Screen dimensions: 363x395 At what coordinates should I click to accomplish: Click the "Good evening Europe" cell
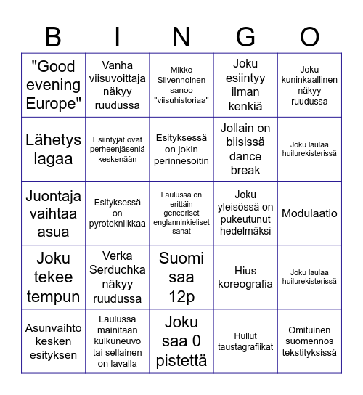(x=53, y=86)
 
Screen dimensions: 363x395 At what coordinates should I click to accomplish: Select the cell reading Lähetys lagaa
(x=53, y=149)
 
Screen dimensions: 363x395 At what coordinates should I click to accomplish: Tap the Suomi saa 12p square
(x=181, y=277)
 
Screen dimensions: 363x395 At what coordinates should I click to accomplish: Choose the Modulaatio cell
(x=309, y=213)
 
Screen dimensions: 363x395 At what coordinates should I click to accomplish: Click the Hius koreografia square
(x=245, y=277)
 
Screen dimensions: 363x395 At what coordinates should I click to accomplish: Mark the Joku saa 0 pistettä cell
(x=181, y=341)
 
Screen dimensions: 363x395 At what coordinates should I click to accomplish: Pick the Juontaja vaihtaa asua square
(x=53, y=213)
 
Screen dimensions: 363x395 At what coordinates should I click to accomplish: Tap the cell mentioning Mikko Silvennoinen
(x=181, y=86)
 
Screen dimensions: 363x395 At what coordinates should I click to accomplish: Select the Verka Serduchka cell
(x=118, y=277)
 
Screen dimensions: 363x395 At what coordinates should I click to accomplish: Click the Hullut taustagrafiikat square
(x=245, y=341)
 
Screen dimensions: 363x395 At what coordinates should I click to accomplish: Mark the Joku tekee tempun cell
(x=53, y=277)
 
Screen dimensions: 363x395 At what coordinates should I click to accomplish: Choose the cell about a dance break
(x=245, y=149)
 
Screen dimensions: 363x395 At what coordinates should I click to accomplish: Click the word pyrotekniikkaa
(x=118, y=223)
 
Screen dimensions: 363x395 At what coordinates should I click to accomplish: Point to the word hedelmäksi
(x=245, y=231)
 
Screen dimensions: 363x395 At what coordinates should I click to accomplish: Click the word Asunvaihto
(x=53, y=327)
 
